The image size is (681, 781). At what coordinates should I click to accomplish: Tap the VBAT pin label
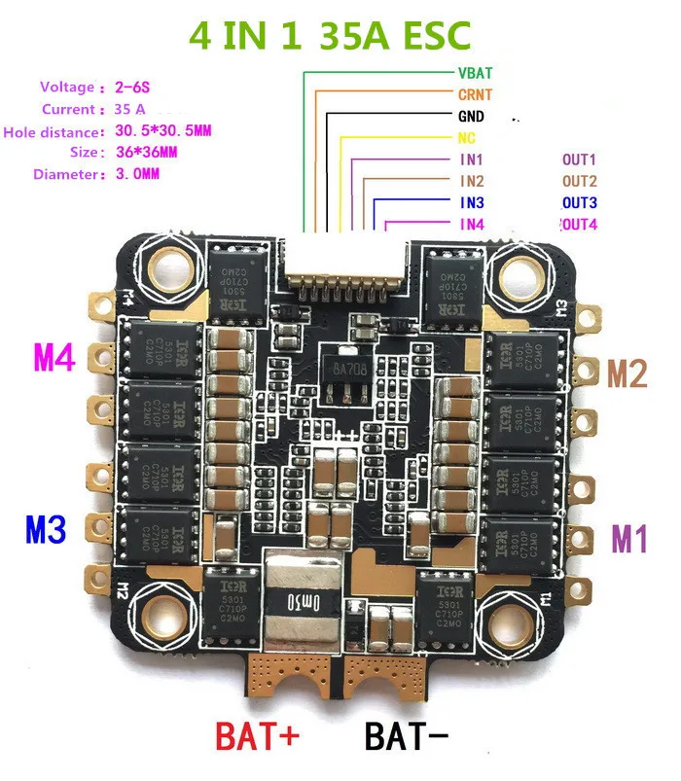click(476, 73)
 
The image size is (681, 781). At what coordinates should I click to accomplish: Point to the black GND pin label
click(472, 117)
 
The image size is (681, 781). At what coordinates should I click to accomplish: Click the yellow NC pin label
click(465, 138)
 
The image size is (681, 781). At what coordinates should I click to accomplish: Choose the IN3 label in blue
click(472, 203)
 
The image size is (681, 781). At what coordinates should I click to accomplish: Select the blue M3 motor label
click(45, 530)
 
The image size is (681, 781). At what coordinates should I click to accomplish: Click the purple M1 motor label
click(627, 538)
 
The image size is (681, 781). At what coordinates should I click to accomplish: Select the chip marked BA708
click(340, 370)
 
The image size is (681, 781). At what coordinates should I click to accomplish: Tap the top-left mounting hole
click(164, 263)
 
